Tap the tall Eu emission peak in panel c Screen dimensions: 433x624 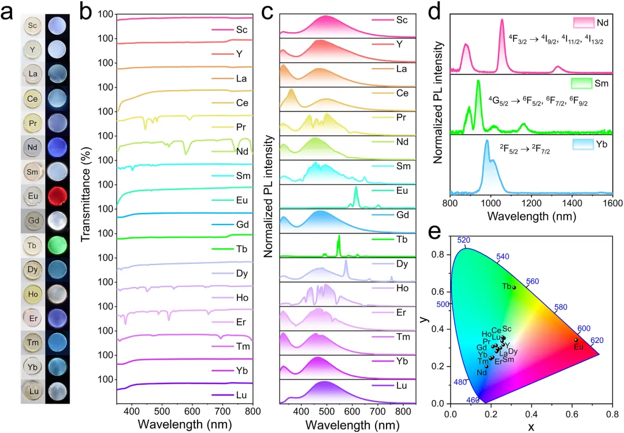click(355, 188)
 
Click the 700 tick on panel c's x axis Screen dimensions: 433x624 click(377, 410)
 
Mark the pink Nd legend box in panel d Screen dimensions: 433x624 click(584, 23)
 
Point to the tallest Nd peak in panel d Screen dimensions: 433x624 click(502, 20)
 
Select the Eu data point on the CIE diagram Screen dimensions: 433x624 click(576, 340)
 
